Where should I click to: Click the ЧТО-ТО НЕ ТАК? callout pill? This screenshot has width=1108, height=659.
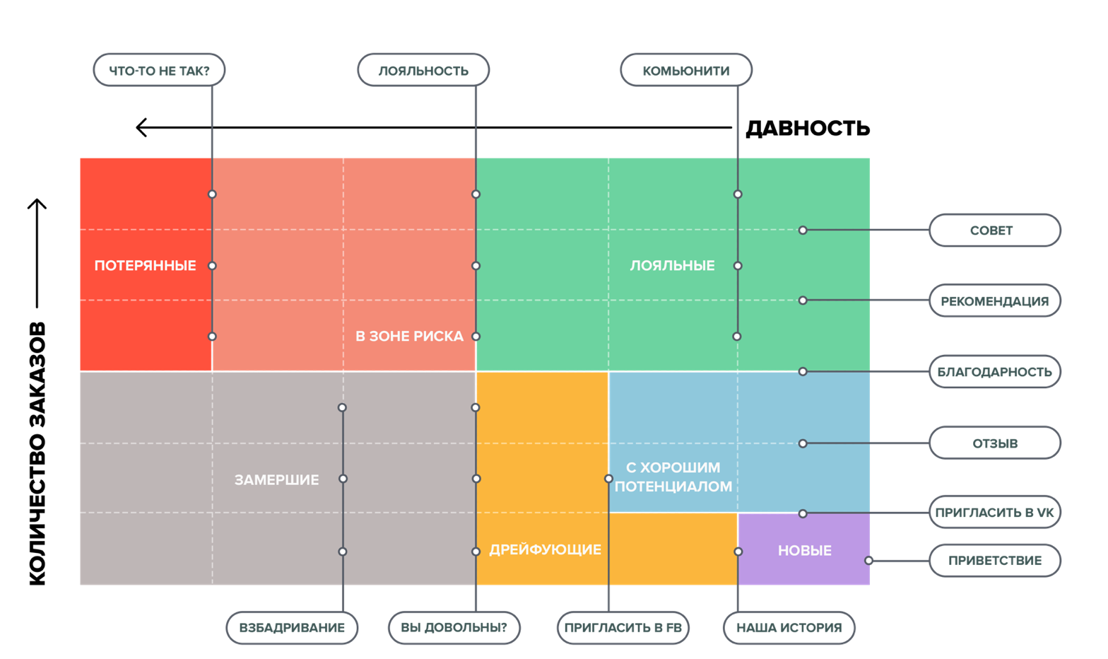[159, 70]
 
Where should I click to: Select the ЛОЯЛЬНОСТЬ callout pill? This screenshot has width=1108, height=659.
[423, 70]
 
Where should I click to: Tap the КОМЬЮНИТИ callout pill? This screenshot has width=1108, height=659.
[686, 70]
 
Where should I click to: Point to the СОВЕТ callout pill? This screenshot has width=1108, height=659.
[995, 231]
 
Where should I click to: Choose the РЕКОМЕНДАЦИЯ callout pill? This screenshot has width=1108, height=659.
[995, 301]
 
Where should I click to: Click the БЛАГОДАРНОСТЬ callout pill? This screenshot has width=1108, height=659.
[995, 371]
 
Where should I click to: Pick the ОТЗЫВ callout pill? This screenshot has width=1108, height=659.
[995, 443]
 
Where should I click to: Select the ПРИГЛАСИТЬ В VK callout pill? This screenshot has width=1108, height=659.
[995, 512]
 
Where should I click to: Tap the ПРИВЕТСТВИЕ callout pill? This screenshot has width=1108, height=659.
[995, 561]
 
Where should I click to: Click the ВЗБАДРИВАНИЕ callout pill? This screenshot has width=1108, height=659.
[292, 628]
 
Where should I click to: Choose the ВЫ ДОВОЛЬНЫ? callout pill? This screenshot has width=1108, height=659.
[454, 628]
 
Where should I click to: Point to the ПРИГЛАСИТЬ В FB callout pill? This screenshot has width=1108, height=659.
[623, 628]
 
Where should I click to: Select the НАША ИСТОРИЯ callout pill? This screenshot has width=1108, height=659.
[789, 628]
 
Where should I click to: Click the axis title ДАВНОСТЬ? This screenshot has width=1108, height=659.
[808, 128]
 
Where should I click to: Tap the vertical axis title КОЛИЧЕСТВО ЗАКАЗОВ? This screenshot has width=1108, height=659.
[37, 453]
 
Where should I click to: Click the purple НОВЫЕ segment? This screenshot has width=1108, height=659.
[804, 549]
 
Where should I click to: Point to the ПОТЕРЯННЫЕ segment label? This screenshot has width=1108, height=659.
[146, 266]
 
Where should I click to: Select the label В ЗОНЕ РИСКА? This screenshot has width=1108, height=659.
[410, 337]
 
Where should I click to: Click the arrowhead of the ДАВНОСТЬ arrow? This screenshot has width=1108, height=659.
[141, 128]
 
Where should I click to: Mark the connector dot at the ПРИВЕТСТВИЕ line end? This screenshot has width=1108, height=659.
[868, 561]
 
